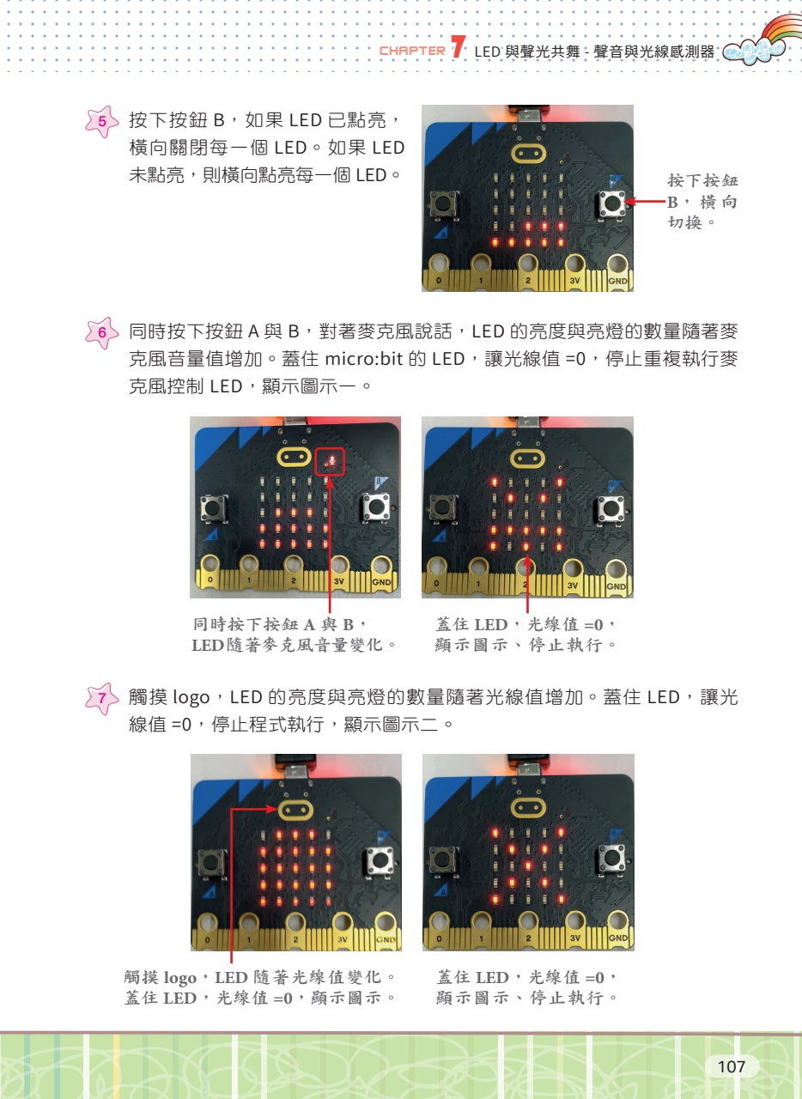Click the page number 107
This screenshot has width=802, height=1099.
point(731,1066)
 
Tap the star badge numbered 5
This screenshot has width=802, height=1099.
point(101,121)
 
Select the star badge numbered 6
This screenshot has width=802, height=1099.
point(101,332)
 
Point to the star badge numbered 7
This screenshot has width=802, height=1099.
point(101,698)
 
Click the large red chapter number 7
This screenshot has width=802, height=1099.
point(458,47)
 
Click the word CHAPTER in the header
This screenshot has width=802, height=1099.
point(412,51)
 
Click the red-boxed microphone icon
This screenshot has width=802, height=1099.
point(330,461)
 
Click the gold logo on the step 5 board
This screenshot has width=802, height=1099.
point(527,154)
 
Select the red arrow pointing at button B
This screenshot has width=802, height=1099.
point(646,201)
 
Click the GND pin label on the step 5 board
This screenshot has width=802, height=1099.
point(617,281)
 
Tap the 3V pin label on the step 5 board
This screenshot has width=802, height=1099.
point(574,281)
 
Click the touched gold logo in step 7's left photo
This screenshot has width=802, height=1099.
point(295,809)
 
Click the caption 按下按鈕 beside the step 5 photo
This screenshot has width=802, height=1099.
point(702,180)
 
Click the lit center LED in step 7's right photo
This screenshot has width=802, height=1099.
point(528,865)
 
